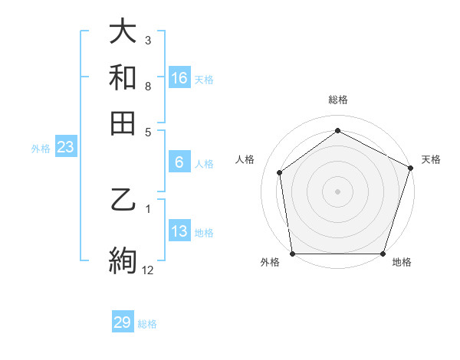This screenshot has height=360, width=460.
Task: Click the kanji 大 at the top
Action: pyautogui.click(x=123, y=31)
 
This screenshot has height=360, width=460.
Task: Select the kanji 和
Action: pyautogui.click(x=123, y=77)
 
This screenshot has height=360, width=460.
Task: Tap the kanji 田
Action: pyautogui.click(x=123, y=123)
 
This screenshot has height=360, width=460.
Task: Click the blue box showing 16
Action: pyautogui.click(x=179, y=77)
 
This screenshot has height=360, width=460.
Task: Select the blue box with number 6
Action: pyautogui.click(x=179, y=162)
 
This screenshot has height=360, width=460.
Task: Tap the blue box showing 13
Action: pyautogui.click(x=179, y=231)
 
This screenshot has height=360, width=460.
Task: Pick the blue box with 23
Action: pyautogui.click(x=65, y=148)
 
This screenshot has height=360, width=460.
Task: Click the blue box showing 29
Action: pyautogui.click(x=123, y=322)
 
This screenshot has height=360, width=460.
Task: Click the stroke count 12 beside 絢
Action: pyautogui.click(x=148, y=270)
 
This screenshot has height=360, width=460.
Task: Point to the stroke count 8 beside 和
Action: pyautogui.click(x=148, y=86)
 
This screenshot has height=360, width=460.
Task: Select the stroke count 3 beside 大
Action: pyautogui.click(x=148, y=39)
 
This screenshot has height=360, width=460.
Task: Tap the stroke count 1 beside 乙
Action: pyautogui.click(x=148, y=208)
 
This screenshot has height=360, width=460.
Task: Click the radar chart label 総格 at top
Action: pyautogui.click(x=337, y=100)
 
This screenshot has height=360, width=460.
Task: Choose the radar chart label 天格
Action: pyautogui.click(x=431, y=159)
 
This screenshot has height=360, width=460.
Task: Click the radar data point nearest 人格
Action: pyautogui.click(x=280, y=172)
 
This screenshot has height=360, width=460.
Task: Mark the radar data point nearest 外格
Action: pyautogui.click(x=292, y=254)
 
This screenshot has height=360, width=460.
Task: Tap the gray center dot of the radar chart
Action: pyautogui.click(x=337, y=191)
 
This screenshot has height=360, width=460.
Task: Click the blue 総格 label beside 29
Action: pyautogui.click(x=148, y=324)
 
